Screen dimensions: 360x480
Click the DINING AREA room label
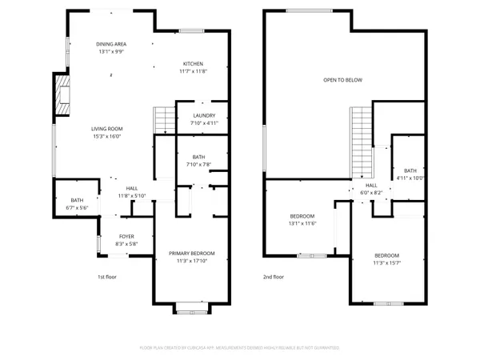(x=110, y=44)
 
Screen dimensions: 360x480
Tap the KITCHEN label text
(x=194, y=64)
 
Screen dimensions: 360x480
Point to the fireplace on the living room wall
(x=61, y=94)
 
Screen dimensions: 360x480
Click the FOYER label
(x=127, y=236)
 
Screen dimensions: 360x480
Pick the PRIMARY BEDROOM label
(x=192, y=254)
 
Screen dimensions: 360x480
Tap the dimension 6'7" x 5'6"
(x=77, y=207)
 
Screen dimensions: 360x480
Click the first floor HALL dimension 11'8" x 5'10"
(x=132, y=196)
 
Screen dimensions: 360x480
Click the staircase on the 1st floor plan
(x=164, y=120)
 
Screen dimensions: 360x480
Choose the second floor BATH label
(x=410, y=170)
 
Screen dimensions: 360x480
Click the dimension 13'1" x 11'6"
(x=302, y=223)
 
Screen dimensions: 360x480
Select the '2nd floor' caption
(x=274, y=278)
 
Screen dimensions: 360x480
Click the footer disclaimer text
(x=240, y=348)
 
